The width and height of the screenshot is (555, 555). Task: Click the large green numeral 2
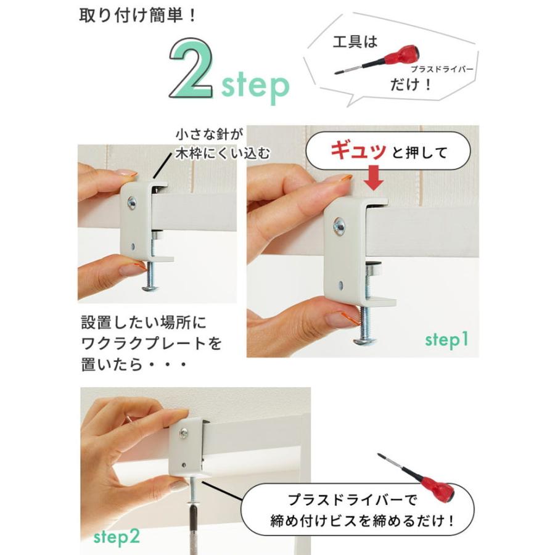point(192,68)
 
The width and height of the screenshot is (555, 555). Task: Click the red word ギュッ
point(358,151)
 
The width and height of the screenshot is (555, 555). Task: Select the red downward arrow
point(374,178)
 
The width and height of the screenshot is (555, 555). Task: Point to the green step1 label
point(446,340)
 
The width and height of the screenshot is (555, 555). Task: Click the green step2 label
point(117,538)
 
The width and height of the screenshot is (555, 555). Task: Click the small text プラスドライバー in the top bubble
point(442,69)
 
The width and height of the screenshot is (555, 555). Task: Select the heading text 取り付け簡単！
point(137,17)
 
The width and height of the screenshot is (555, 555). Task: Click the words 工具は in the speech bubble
point(355,42)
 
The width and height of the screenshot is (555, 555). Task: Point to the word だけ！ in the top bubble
point(411,85)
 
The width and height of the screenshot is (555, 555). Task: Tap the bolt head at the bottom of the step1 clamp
point(364,341)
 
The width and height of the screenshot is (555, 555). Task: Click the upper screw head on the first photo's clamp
point(132,203)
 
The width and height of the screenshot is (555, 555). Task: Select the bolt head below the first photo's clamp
point(150,288)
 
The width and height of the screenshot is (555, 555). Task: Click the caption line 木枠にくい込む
point(222,154)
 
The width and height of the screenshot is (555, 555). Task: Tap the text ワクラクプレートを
point(152,343)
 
